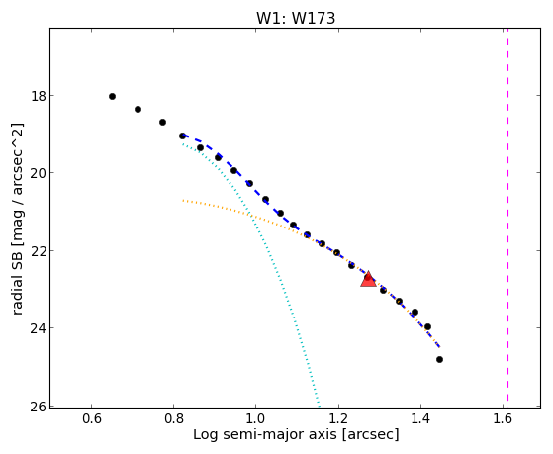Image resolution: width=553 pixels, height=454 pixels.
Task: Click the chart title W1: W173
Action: click(296, 18)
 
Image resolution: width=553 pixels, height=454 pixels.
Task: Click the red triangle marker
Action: click(368, 279)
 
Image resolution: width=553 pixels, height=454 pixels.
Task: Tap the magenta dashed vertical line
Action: click(507, 215)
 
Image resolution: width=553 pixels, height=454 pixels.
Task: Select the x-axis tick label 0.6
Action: click(92, 418)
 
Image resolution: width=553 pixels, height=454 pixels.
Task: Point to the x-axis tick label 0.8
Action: click(174, 418)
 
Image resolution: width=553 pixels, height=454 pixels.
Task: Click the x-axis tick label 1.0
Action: click(256, 418)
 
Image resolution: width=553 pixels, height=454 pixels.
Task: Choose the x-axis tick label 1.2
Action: click(338, 418)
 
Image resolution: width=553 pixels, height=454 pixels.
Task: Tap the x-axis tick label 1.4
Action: click(420, 418)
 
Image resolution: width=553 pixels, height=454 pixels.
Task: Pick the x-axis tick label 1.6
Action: click(503, 418)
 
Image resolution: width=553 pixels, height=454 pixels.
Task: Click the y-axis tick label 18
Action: click(39, 96)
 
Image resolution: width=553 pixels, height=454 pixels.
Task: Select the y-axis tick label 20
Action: click(39, 173)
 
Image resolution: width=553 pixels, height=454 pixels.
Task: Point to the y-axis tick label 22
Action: click(39, 251)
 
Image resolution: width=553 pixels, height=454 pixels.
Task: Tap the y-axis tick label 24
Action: click(39, 328)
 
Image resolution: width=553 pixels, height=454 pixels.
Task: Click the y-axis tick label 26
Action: click(39, 406)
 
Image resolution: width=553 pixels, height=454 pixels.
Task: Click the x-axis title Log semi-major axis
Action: click(265, 434)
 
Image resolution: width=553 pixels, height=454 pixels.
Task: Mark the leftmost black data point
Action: click(112, 96)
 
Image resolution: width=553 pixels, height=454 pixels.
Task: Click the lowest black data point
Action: click(439, 359)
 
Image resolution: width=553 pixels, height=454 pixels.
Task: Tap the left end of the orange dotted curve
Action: click(183, 201)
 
